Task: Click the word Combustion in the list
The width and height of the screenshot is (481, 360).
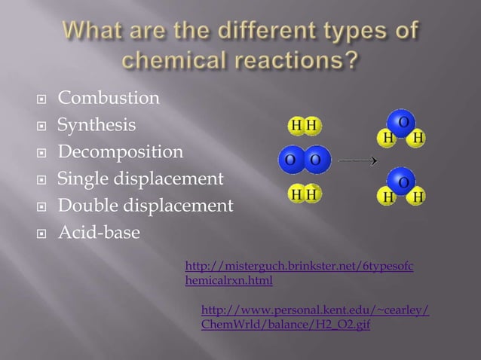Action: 109,99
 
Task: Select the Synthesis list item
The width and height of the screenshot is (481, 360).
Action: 97,125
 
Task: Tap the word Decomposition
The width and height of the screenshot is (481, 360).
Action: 121,152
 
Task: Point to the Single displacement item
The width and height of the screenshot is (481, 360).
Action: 141,179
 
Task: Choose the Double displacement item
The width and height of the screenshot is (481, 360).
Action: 146,206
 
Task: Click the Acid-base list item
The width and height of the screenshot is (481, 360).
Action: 99,233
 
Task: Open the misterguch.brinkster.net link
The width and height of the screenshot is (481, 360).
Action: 299,273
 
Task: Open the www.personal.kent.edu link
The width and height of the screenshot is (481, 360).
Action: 315,317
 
